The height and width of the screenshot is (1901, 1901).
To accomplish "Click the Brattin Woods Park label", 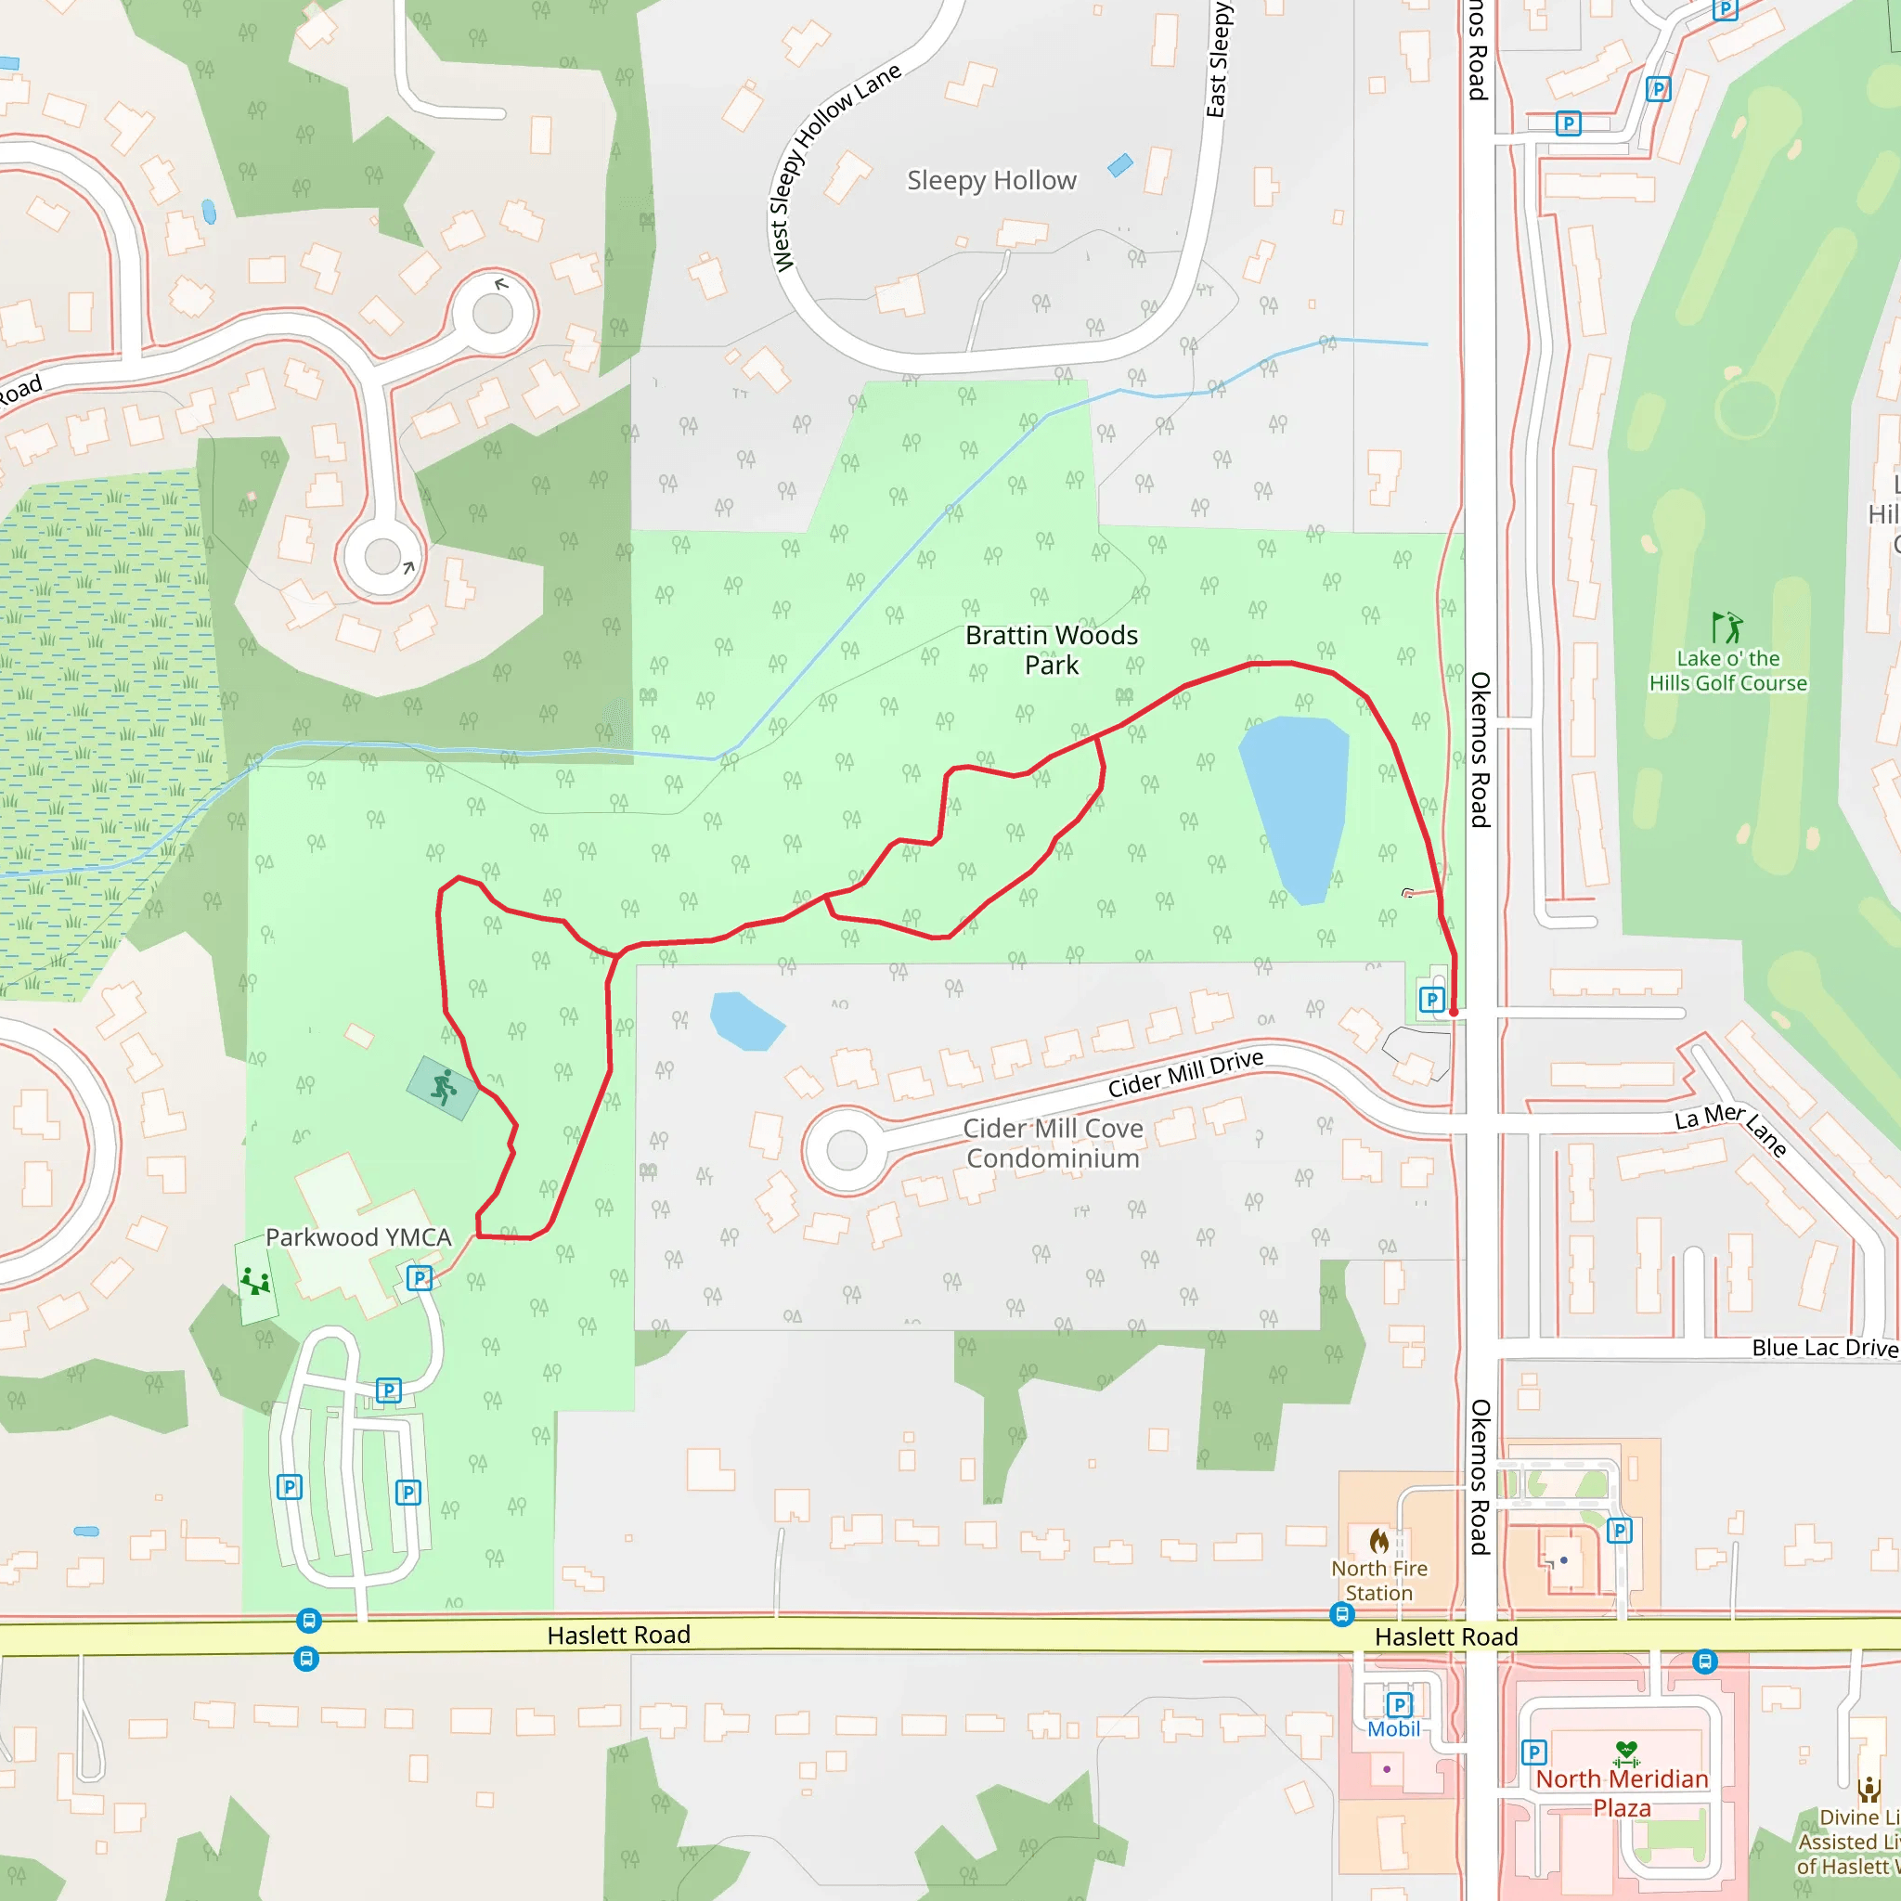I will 1051,651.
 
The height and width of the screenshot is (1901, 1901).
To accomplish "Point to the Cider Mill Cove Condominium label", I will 1053,1144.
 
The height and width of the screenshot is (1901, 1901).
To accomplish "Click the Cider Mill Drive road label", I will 1184,1074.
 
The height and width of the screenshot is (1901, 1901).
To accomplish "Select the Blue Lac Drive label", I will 1823,1347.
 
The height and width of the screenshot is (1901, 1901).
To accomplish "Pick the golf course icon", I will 1726,627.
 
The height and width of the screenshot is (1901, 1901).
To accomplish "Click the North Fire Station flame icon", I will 1379,1540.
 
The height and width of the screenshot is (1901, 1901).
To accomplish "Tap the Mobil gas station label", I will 1393,1728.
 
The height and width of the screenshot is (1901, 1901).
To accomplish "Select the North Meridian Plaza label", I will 1622,1792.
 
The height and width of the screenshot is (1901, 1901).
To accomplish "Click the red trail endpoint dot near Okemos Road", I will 1454,1012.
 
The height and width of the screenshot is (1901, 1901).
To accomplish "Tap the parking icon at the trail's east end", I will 1431,1000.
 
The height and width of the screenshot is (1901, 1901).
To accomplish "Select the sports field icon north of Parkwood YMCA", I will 444,1087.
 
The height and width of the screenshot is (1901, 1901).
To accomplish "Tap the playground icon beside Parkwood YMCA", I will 256,1280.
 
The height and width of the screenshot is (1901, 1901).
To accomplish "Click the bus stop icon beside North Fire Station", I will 1342,1613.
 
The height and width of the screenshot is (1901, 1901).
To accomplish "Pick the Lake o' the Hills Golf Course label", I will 1727,670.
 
